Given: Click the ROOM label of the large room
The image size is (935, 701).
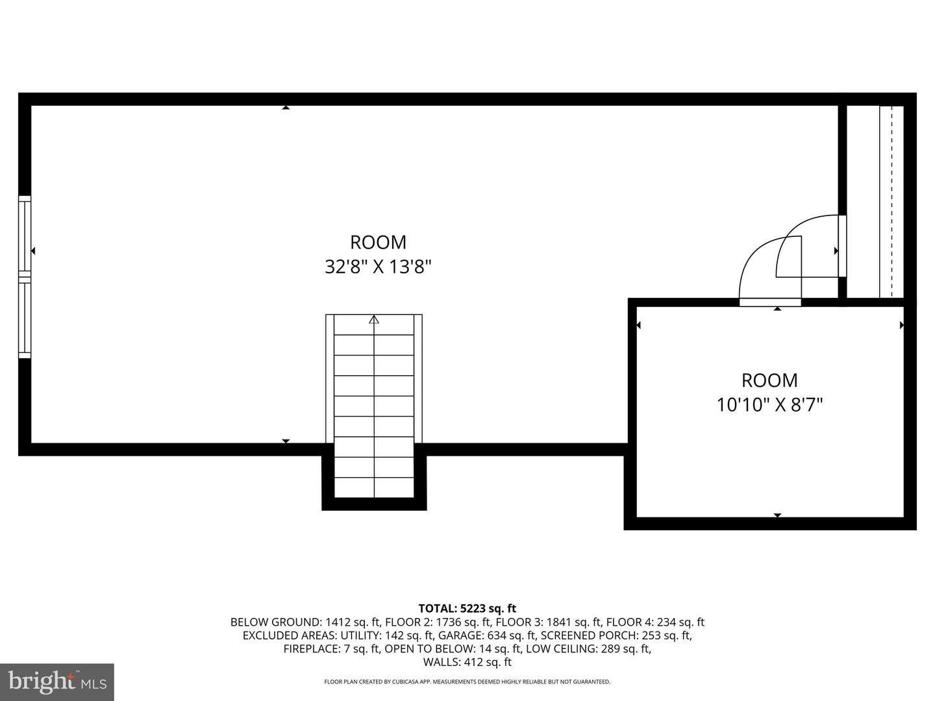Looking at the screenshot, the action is pyautogui.click(x=378, y=242).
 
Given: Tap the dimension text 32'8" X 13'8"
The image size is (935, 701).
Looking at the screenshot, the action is pyautogui.click(x=378, y=267).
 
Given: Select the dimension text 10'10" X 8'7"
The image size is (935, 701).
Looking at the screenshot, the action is pyautogui.click(x=769, y=405).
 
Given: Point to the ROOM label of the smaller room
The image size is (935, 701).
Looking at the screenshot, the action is pyautogui.click(x=769, y=380).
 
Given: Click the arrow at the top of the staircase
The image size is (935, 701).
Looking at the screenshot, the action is pyautogui.click(x=373, y=319).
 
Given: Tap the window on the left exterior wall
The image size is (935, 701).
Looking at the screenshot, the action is pyautogui.click(x=25, y=277).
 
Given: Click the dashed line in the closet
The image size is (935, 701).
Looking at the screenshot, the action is pyautogui.click(x=891, y=202).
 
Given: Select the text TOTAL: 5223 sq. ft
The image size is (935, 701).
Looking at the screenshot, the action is pyautogui.click(x=467, y=608).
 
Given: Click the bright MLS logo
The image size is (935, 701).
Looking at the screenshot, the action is pyautogui.click(x=57, y=682).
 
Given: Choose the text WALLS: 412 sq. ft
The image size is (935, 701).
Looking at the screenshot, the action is pyautogui.click(x=467, y=662).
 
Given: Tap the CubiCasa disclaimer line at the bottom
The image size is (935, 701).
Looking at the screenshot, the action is pyautogui.click(x=467, y=682).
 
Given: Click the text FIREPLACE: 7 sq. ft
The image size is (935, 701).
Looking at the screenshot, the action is pyautogui.click(x=331, y=648).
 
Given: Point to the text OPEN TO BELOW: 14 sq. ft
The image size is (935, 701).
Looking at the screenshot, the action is pyautogui.click(x=453, y=648).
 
